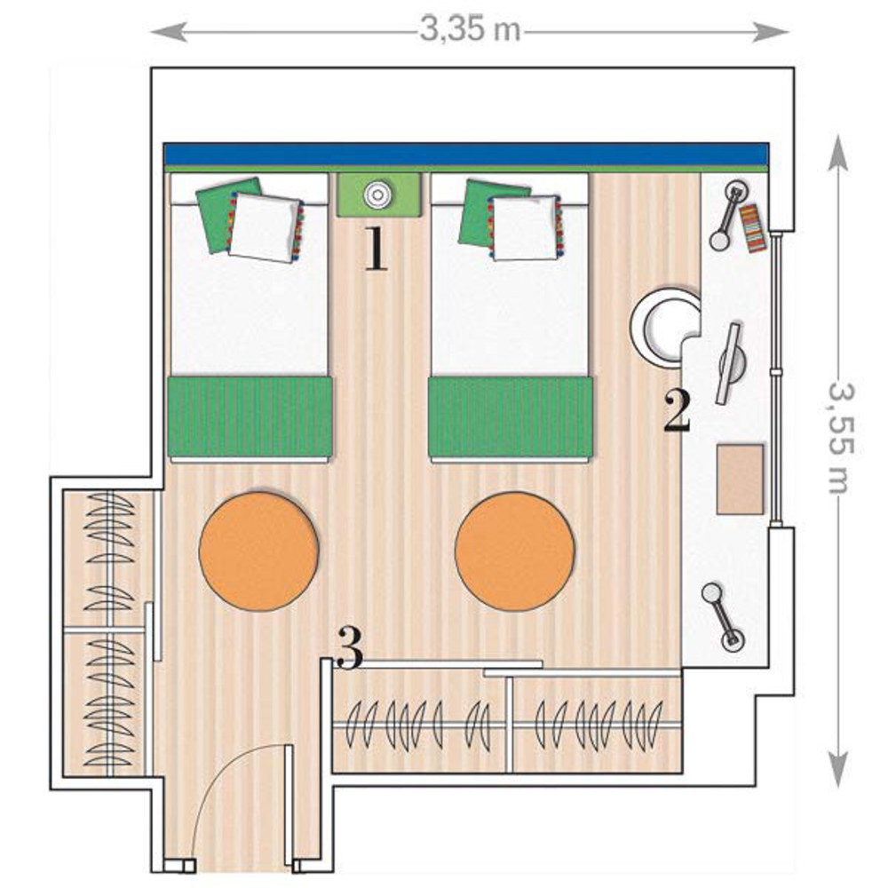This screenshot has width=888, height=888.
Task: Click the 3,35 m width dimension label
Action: click(x=470, y=29)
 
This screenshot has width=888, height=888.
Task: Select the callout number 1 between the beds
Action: click(x=376, y=249)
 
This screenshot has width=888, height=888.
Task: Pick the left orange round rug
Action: click(x=258, y=551)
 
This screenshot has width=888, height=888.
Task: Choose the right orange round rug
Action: click(x=515, y=551)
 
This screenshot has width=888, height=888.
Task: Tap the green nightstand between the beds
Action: click(x=379, y=194)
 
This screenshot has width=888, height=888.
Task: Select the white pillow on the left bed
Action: click(x=266, y=227)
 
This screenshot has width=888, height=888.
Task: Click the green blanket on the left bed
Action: click(x=250, y=416)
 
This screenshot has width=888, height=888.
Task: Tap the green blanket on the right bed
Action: click(x=511, y=416)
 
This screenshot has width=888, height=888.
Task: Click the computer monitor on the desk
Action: click(x=729, y=363)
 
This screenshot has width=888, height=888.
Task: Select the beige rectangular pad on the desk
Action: click(x=741, y=480)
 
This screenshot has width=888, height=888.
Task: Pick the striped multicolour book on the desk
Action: click(x=752, y=227)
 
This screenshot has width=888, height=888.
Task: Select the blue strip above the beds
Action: click(x=466, y=154)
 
